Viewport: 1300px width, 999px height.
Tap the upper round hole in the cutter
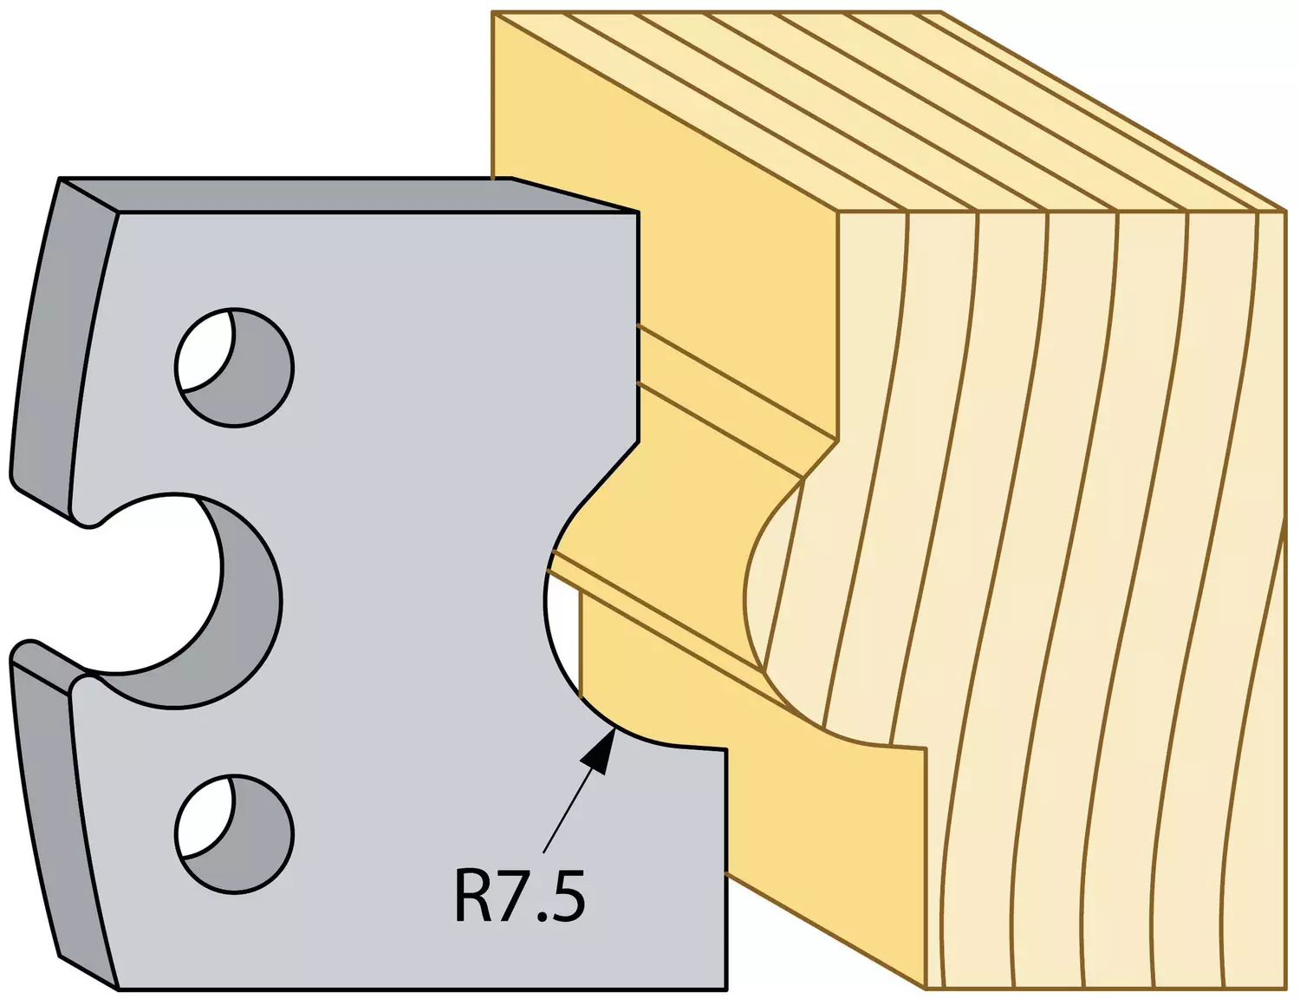pos(235,368)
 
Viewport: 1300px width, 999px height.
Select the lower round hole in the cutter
pos(235,834)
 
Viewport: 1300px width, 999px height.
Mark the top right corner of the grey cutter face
pos(638,211)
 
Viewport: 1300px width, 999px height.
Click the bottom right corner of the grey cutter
pos(726,989)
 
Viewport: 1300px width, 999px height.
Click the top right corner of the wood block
pos(1286,211)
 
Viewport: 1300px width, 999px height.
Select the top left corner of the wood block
pos(491,12)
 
